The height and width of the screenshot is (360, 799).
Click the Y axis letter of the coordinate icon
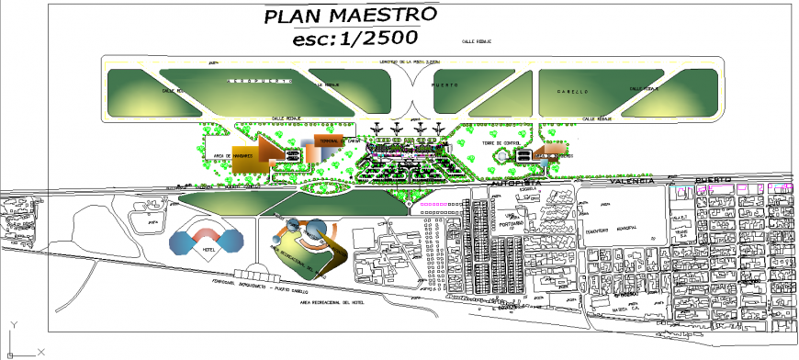pyautogui.click(x=13, y=324)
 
